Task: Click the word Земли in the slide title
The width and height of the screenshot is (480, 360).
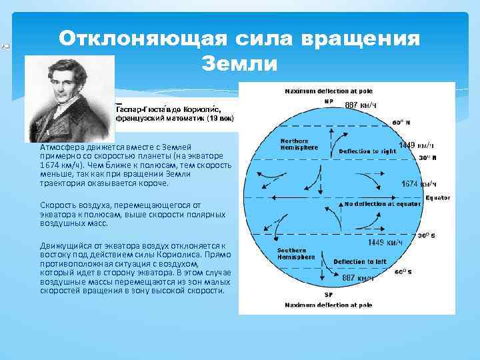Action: (x=239, y=64)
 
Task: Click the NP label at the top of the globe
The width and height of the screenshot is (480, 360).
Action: (x=329, y=101)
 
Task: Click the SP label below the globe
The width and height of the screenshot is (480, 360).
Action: (x=328, y=293)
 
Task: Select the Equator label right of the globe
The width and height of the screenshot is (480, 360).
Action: (x=438, y=197)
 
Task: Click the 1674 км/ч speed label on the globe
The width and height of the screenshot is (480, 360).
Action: (x=419, y=183)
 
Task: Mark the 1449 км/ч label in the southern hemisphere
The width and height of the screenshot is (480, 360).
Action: (x=385, y=243)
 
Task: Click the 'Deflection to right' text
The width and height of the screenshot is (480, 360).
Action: (x=367, y=151)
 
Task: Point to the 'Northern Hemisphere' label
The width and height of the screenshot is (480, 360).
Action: (x=294, y=145)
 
